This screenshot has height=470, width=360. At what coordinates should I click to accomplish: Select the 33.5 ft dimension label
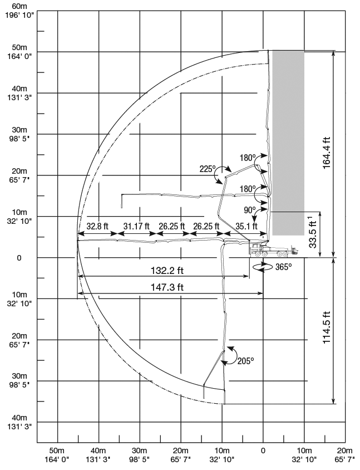click(314, 234)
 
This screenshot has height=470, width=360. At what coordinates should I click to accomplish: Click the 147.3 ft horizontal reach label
click(165, 287)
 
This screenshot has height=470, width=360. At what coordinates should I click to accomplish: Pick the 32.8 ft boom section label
click(97, 226)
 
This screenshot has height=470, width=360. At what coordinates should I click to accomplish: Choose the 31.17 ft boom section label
click(136, 226)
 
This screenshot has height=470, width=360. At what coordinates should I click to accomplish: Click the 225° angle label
click(208, 168)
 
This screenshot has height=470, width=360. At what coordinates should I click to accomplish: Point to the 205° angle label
click(244, 360)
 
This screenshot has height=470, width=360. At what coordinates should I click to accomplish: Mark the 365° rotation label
click(283, 267)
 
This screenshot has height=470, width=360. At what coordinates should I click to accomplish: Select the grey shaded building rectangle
click(288, 142)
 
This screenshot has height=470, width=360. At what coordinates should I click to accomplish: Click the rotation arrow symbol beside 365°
click(260, 267)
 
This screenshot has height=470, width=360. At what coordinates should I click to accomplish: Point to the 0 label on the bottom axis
click(263, 450)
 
